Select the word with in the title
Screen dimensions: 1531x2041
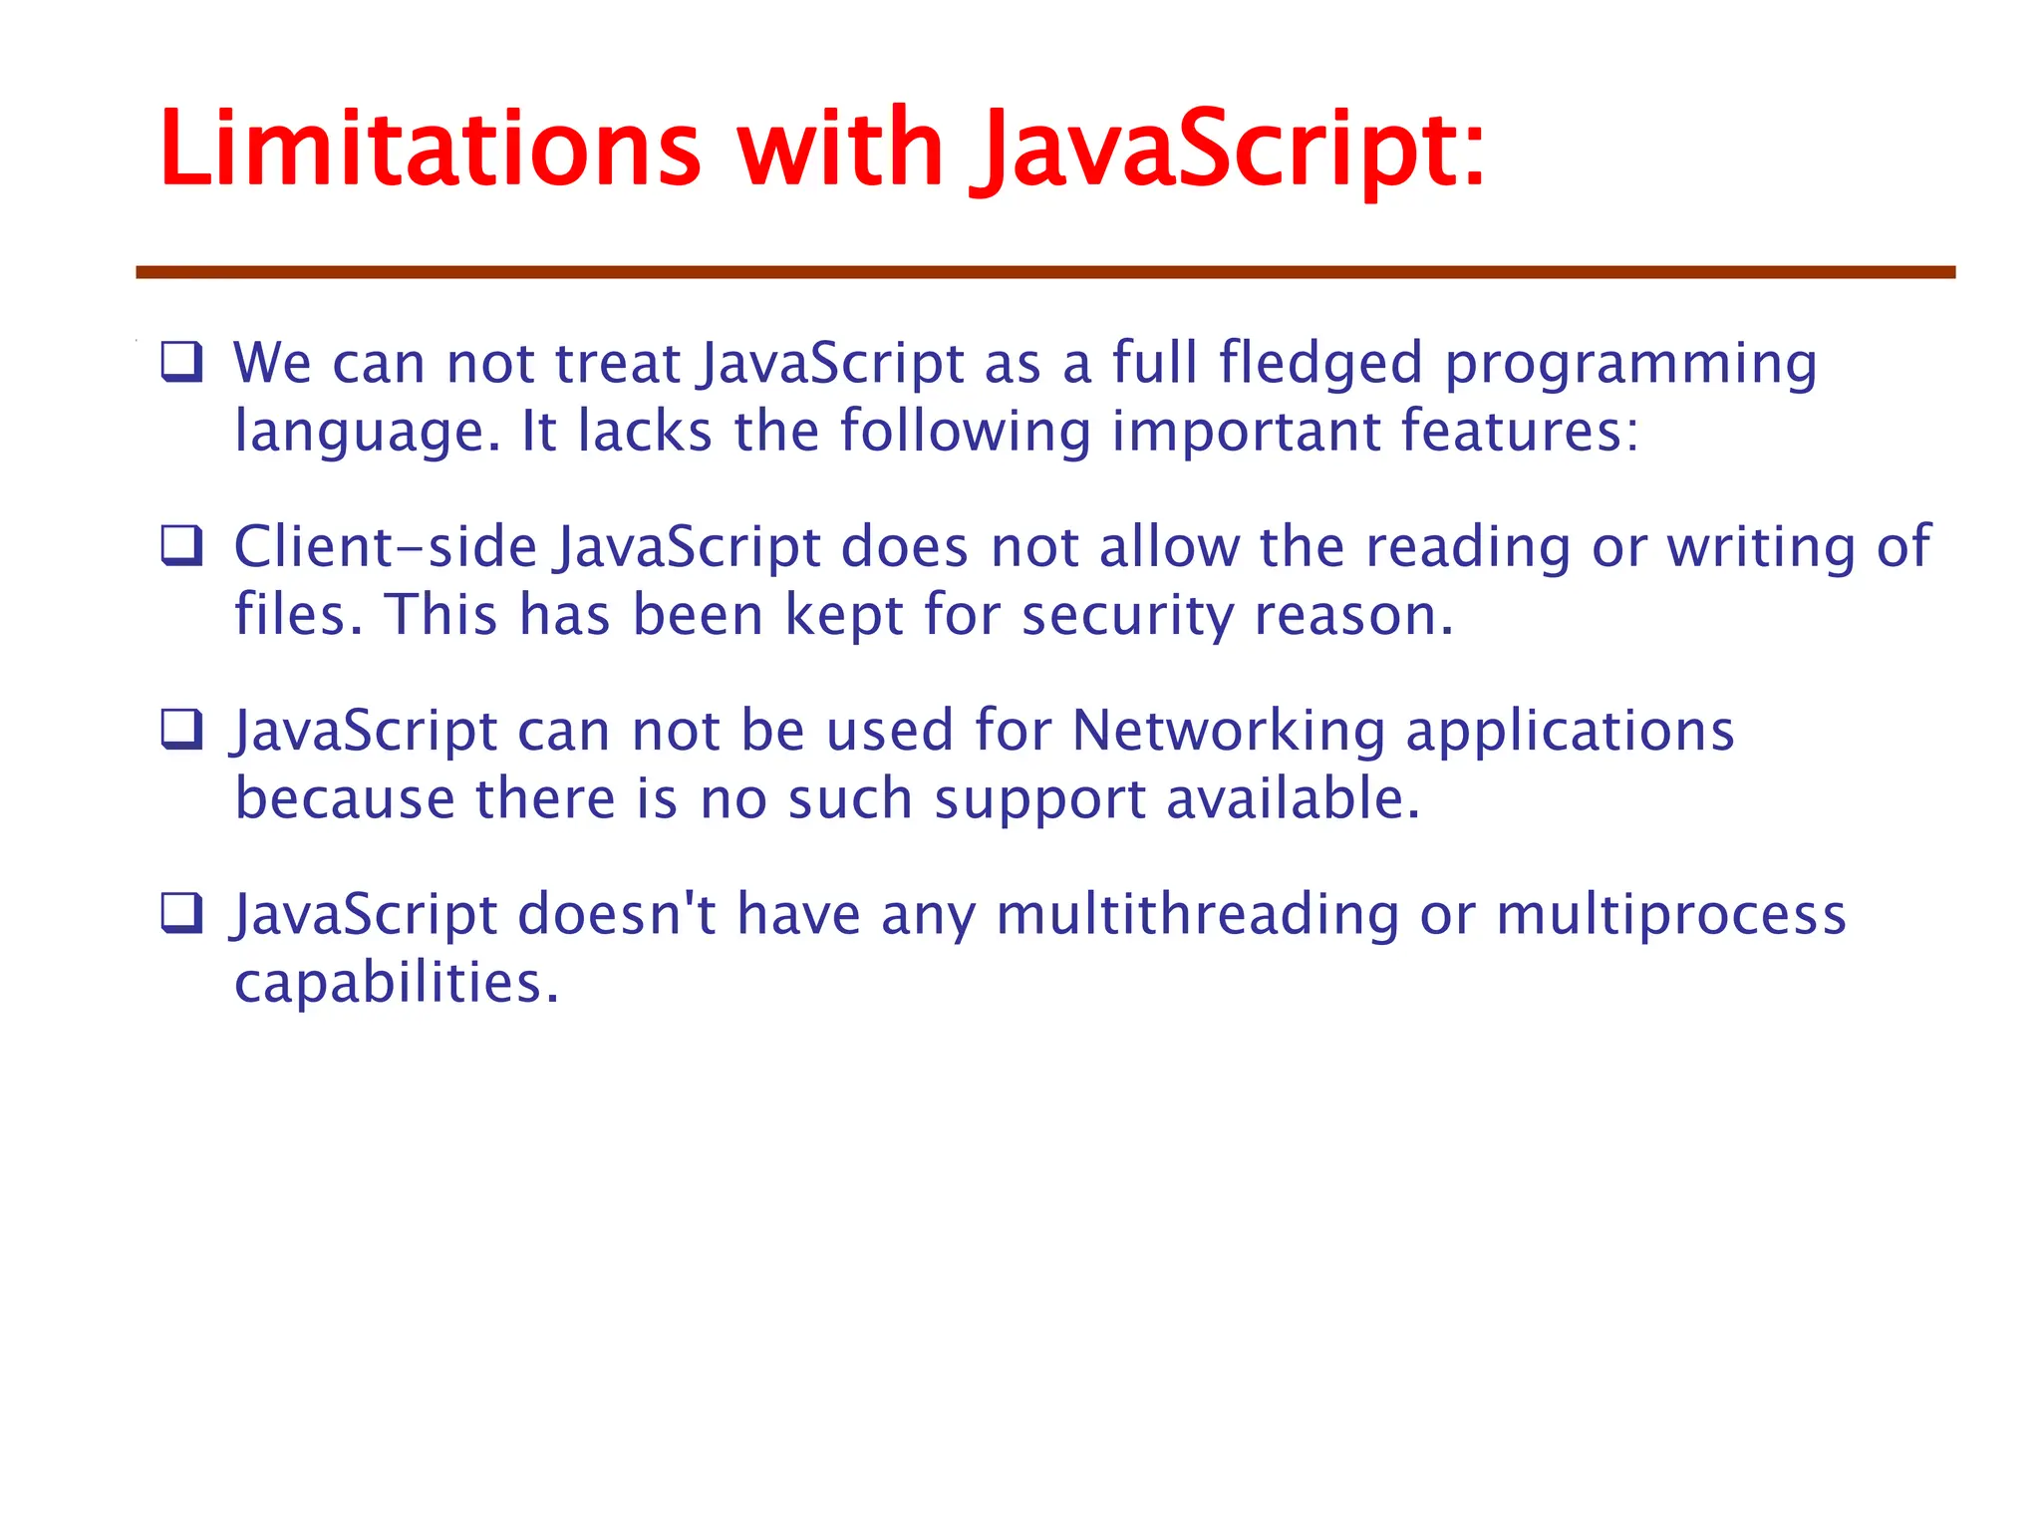839,150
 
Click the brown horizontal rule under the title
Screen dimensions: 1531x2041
1044,272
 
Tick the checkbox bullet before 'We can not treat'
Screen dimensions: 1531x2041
182,362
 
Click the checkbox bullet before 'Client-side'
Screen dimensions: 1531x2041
182,546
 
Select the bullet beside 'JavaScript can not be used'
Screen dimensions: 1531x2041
182,730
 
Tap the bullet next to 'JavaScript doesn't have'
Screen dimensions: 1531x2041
182,913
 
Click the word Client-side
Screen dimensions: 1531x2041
385,547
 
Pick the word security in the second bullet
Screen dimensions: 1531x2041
1127,615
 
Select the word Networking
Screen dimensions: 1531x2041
1228,732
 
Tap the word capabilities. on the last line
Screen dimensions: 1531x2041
397,984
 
